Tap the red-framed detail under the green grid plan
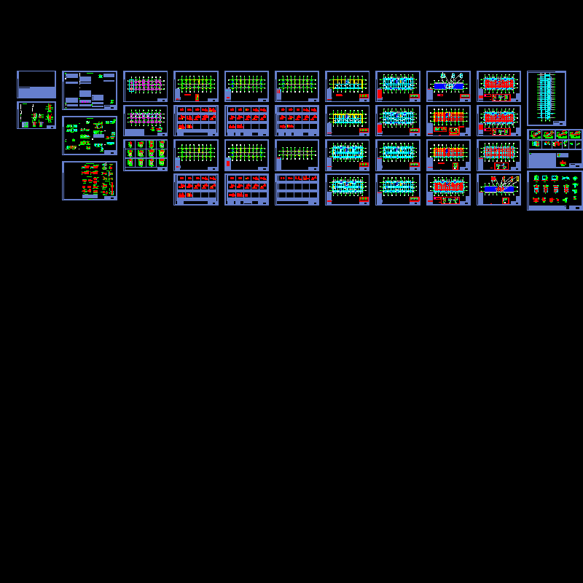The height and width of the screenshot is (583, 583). click(x=197, y=97)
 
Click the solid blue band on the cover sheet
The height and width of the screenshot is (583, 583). click(x=36, y=93)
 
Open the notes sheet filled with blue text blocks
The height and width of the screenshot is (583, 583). click(x=89, y=90)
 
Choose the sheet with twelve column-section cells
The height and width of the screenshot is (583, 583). click(x=145, y=154)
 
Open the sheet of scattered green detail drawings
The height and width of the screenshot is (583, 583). click(x=89, y=135)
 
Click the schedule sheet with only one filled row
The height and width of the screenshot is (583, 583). click(x=297, y=189)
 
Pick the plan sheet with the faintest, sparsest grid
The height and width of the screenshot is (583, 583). click(x=297, y=154)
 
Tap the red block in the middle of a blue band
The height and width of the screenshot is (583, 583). click(x=500, y=189)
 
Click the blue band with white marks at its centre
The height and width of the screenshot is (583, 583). click(x=449, y=86)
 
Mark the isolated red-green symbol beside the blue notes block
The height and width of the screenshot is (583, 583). click(x=563, y=163)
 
